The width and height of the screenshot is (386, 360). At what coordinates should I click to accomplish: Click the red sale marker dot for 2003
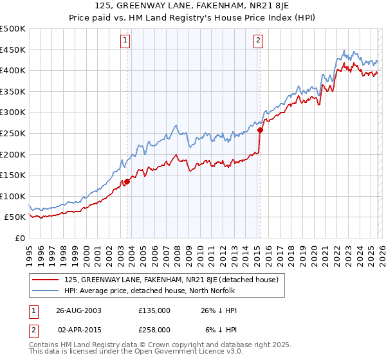(127, 181)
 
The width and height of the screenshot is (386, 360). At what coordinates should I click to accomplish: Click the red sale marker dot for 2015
(260, 130)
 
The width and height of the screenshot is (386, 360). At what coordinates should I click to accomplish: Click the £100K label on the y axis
(14, 196)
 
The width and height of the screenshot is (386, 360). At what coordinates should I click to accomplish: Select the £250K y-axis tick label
(14, 133)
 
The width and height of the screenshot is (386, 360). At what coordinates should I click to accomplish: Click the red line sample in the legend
(45, 280)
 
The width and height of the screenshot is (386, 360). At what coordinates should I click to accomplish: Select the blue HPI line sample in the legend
(45, 291)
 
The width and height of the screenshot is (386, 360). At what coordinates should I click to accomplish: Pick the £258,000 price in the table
(154, 329)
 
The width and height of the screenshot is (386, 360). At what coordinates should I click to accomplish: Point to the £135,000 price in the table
(154, 310)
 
